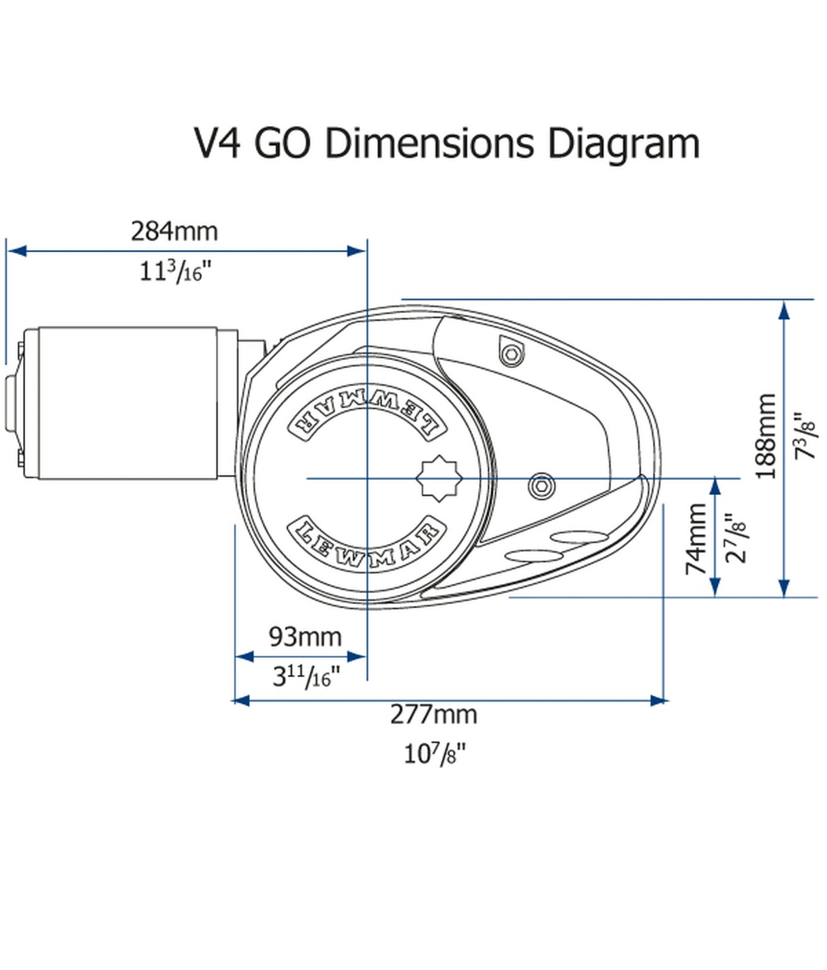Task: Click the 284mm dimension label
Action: [174, 232]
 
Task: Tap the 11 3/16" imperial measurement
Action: [175, 272]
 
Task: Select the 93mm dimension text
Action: [305, 637]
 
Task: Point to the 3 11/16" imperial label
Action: [305, 677]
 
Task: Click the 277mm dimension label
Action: [433, 714]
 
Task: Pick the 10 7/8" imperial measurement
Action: [435, 754]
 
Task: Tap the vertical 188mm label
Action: [766, 436]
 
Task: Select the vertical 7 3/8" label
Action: [807, 436]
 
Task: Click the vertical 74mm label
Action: [696, 539]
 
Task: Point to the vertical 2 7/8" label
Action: [736, 539]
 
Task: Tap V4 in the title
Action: [218, 144]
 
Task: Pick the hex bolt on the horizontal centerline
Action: [542, 486]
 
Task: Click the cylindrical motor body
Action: [129, 403]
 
